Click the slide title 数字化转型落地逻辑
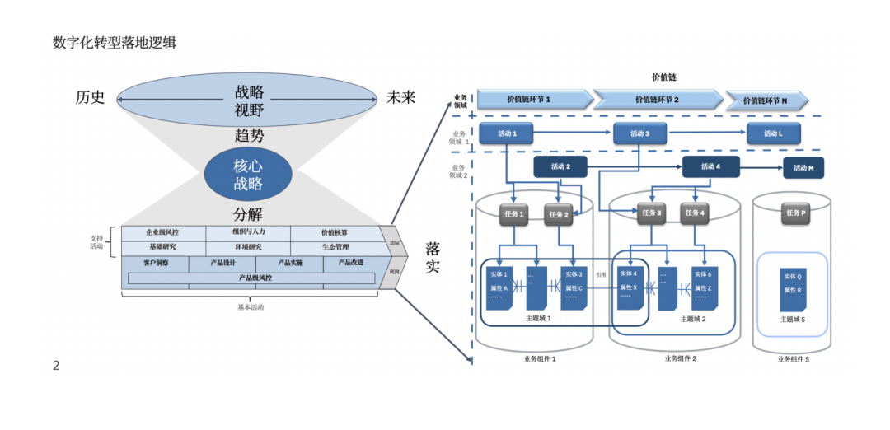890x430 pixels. tap(115, 43)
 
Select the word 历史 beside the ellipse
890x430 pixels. tap(91, 98)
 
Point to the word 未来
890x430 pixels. tap(401, 98)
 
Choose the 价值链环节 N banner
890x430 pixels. tap(766, 100)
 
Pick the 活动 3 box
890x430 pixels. tap(639, 133)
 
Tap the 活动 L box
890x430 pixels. tap(773, 133)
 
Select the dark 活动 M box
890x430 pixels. tap(803, 168)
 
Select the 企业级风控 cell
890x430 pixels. tap(162, 233)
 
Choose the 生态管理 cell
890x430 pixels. tap(335, 247)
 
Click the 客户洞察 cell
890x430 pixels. tap(155, 264)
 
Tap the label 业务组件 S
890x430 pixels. tap(793, 359)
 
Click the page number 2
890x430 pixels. tap(56, 366)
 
